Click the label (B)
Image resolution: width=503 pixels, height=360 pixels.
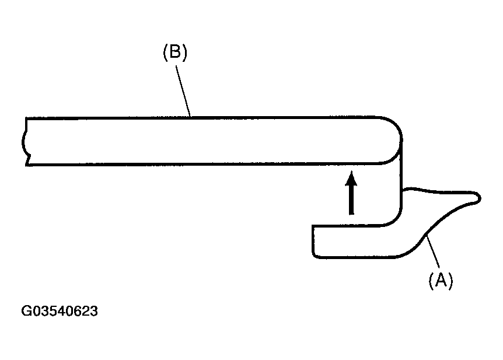[175, 52]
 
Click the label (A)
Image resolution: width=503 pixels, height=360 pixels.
[441, 281]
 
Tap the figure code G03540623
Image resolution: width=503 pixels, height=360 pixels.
[60, 311]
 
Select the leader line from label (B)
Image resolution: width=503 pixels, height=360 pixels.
[183, 91]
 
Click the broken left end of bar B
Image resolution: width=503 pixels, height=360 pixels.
[25, 141]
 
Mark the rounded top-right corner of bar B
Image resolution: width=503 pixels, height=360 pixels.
[394, 125]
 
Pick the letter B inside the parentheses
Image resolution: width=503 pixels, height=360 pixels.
[175, 51]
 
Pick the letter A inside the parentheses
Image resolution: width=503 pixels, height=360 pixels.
[441, 280]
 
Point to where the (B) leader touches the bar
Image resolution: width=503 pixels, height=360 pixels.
[191, 117]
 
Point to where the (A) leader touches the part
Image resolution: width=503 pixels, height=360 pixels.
[427, 236]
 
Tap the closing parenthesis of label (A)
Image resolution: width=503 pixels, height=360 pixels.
[450, 281]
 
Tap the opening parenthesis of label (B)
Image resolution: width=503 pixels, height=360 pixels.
[166, 53]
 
